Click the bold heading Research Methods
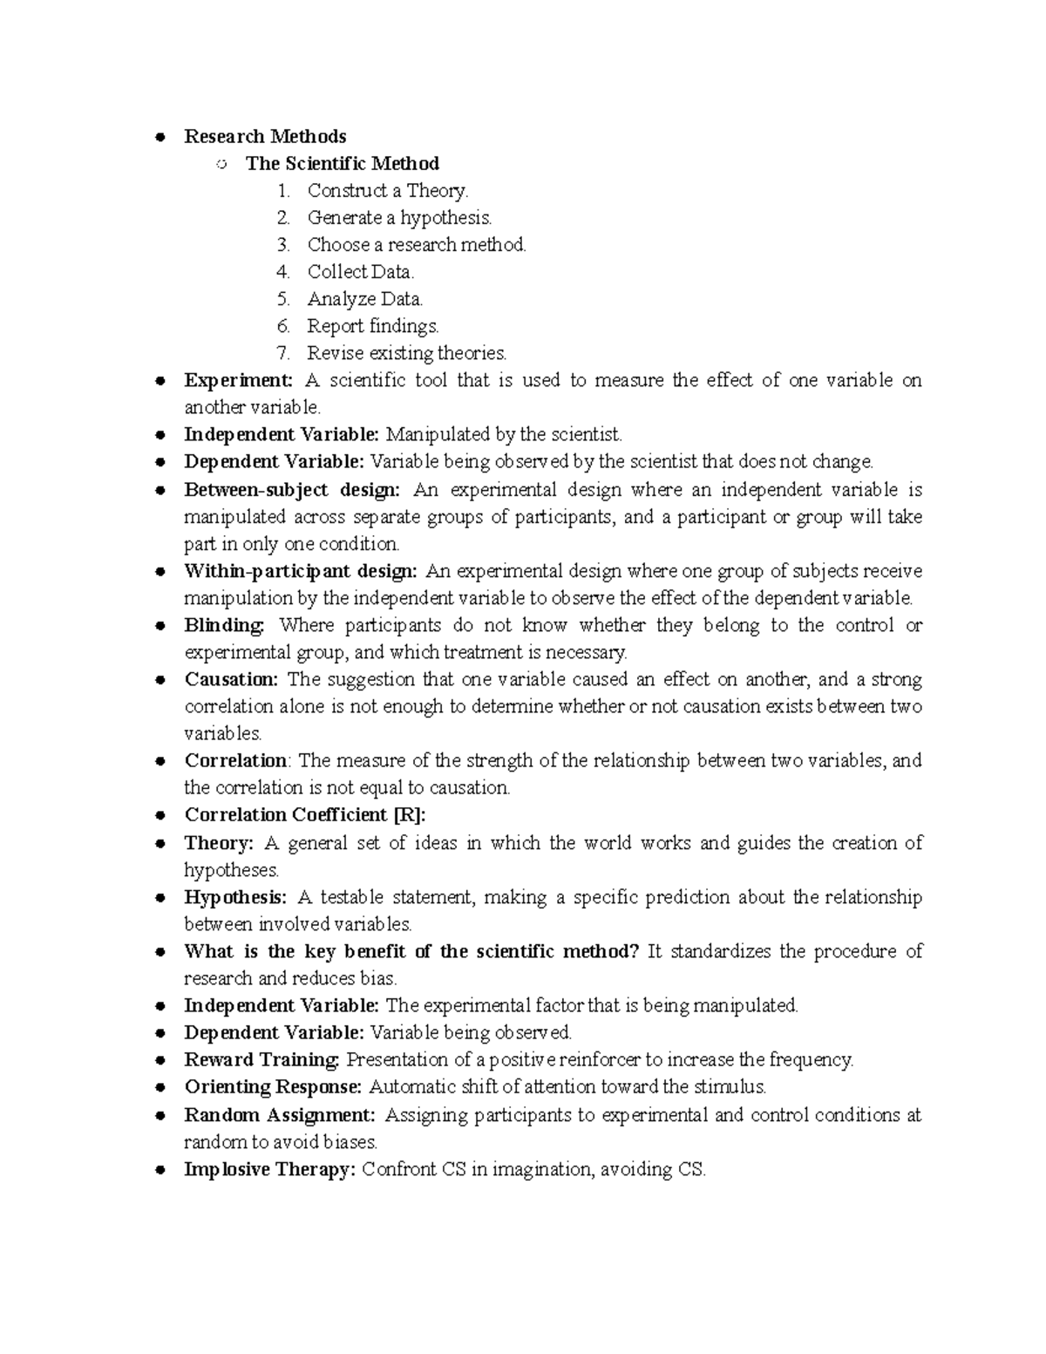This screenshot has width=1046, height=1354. point(265,136)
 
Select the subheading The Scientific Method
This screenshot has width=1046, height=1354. point(342,163)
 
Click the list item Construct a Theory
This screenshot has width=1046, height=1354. point(387,190)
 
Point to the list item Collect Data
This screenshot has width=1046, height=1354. point(360,271)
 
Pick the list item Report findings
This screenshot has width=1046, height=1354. point(372,326)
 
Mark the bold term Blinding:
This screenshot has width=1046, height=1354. point(223,625)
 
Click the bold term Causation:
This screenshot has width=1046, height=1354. point(231,679)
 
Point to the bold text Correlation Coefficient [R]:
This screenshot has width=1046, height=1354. point(305,814)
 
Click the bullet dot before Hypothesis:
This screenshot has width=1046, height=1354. point(160,898)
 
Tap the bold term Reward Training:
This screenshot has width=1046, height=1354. point(261,1059)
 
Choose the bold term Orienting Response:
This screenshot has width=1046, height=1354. point(272,1086)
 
